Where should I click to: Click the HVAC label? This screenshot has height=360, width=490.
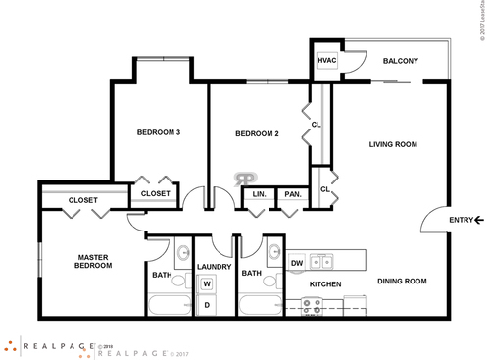(327, 61)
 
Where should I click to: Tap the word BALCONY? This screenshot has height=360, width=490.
(401, 61)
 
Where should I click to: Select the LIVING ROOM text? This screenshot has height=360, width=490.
(393, 144)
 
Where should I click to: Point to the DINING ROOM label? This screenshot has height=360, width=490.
(402, 282)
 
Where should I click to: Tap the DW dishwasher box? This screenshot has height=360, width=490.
(297, 262)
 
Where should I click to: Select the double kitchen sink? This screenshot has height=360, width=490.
(319, 262)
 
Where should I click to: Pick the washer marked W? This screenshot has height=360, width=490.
(207, 285)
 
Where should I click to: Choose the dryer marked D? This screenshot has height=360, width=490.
(207, 305)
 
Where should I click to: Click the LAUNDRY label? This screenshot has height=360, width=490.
(213, 266)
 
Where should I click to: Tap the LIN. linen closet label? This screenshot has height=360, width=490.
(260, 194)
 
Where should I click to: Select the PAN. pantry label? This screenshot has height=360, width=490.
(291, 194)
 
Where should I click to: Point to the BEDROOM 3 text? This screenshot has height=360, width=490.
(158, 132)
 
